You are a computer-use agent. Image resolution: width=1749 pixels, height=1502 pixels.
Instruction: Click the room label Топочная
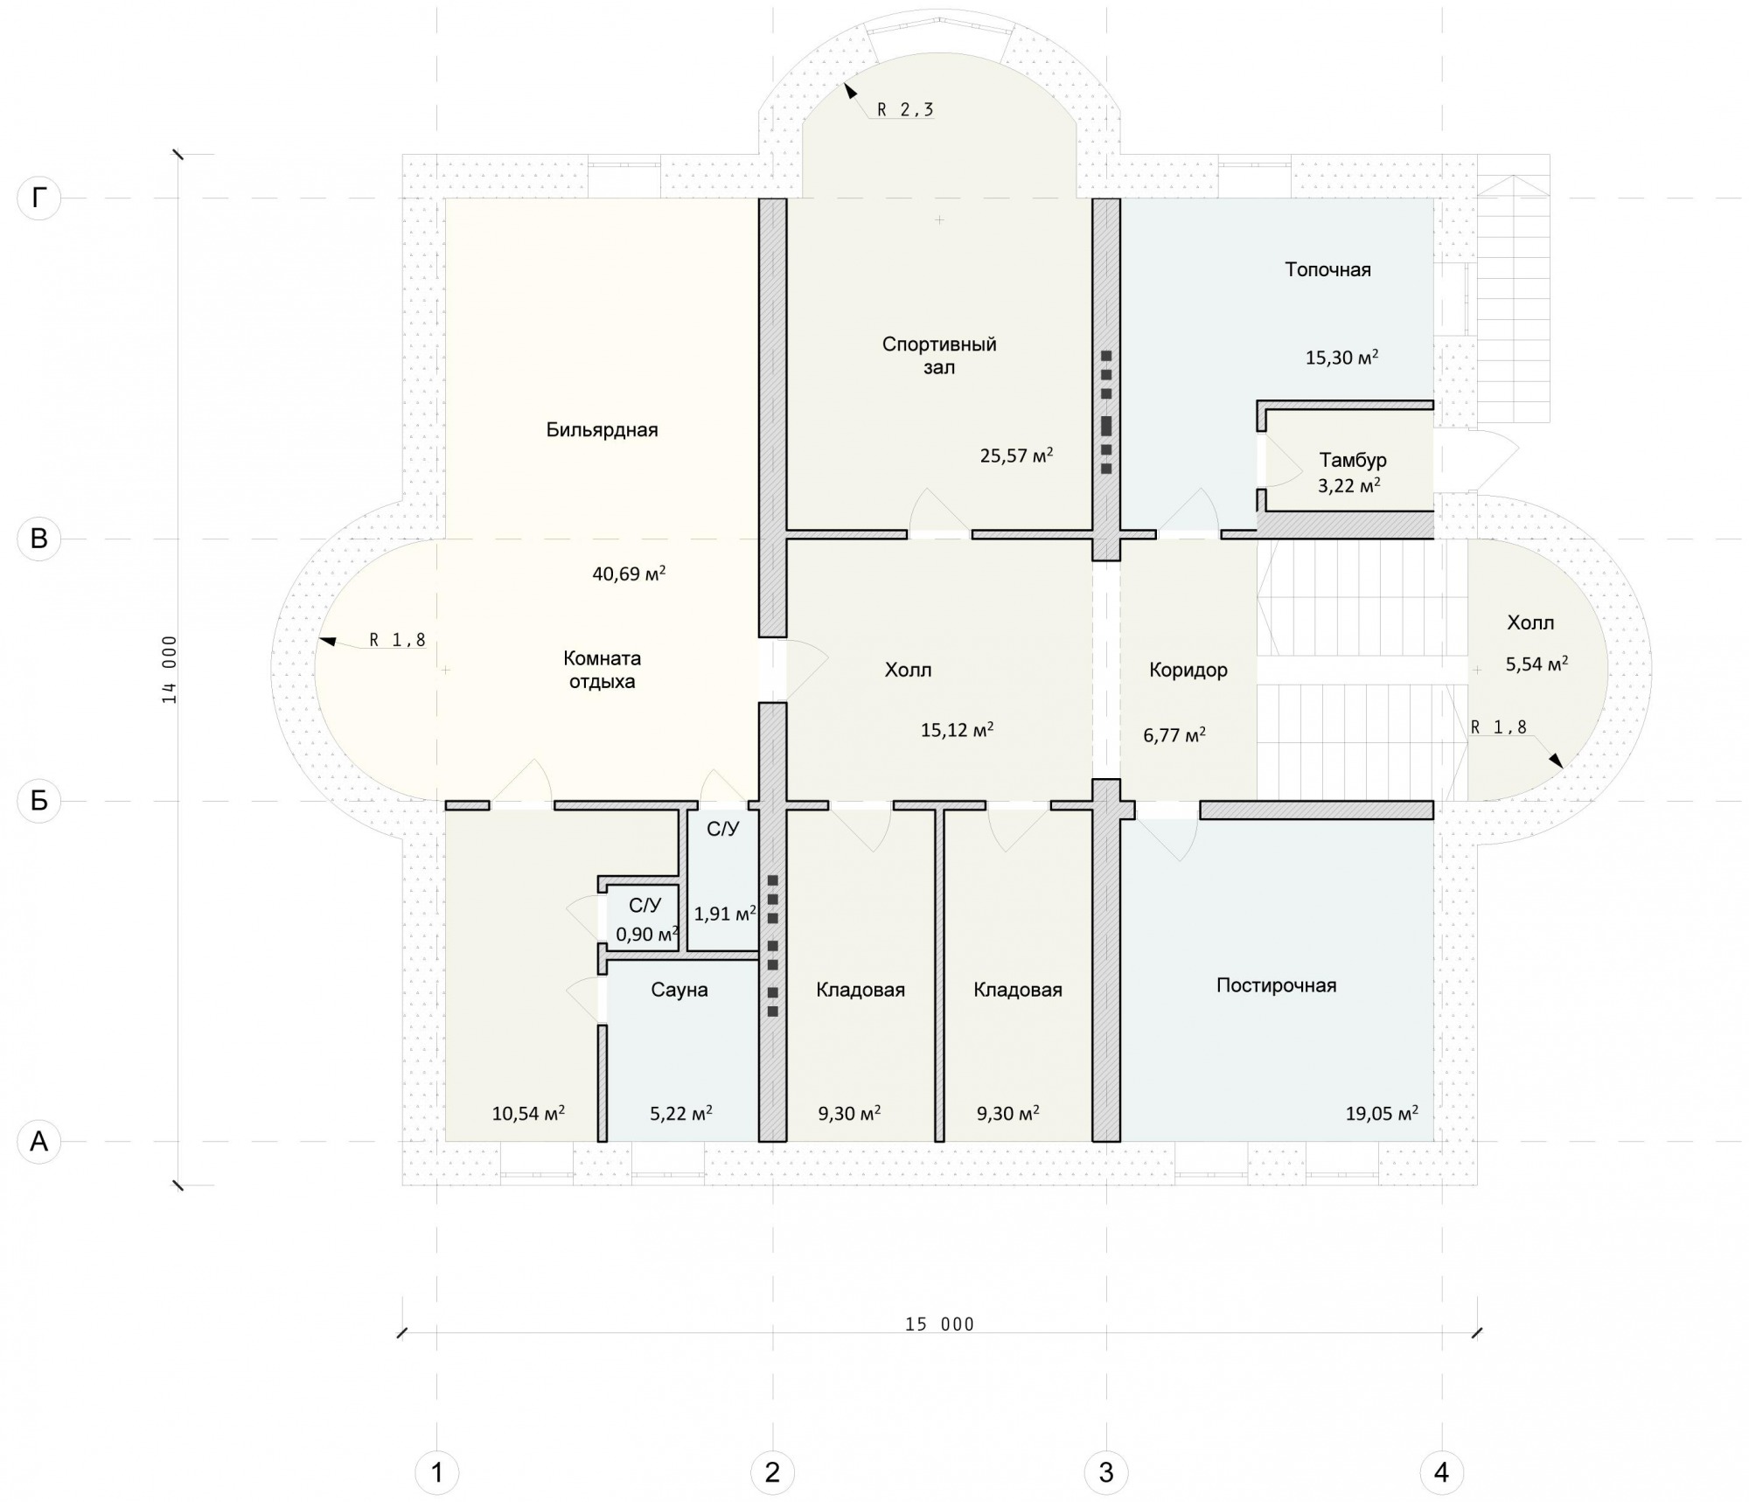[x=1327, y=269]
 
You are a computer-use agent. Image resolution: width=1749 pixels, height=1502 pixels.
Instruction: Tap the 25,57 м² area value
[x=1016, y=455]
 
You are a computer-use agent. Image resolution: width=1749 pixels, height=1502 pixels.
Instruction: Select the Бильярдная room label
[x=602, y=430]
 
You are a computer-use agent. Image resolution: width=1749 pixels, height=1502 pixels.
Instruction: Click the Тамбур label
[x=1353, y=460]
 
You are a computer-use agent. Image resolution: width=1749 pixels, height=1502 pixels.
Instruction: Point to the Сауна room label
[x=679, y=990]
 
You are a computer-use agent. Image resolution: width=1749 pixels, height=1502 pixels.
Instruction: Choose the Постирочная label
[x=1277, y=985]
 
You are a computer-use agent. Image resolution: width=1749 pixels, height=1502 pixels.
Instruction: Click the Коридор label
[x=1188, y=670]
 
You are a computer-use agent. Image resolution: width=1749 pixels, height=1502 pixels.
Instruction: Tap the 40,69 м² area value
[x=629, y=574]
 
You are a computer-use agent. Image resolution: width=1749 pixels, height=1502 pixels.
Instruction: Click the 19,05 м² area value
[x=1382, y=1113]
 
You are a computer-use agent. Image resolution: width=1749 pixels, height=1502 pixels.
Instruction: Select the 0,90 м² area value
[x=647, y=934]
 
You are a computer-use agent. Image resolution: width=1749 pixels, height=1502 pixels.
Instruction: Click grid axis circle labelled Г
[x=38, y=198]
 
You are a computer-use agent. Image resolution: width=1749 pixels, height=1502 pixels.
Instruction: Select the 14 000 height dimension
[x=169, y=670]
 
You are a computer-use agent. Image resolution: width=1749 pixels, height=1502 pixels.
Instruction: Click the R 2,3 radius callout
[x=905, y=109]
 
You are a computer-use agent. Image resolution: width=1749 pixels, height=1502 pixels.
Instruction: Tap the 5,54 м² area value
[x=1536, y=664]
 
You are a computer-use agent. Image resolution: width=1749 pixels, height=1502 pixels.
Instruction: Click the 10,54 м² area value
[x=528, y=1113]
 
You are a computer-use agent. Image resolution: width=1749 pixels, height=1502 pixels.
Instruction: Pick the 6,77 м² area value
[x=1174, y=735]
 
